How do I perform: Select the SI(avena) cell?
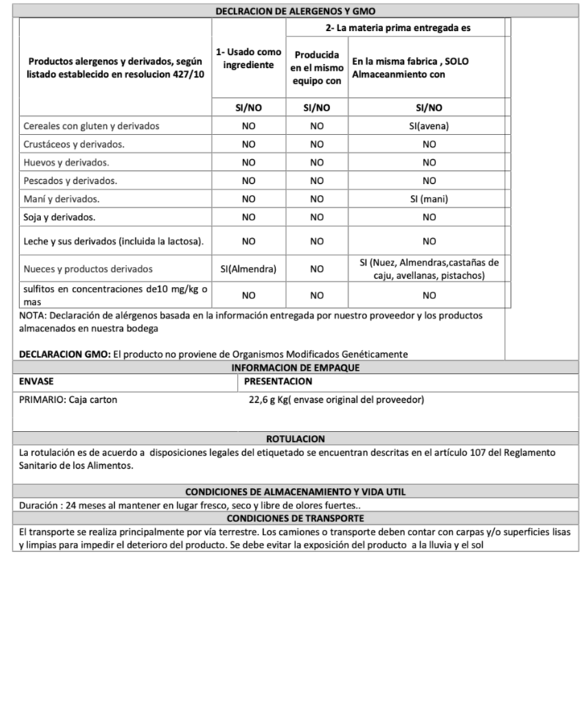point(429,126)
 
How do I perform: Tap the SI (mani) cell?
point(429,199)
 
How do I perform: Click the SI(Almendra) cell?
point(249,270)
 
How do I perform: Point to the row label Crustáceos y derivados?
point(73,145)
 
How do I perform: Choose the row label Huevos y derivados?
point(66,163)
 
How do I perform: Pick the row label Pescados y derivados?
point(70,181)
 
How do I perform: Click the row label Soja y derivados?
point(59,218)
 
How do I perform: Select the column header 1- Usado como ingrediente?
point(249,59)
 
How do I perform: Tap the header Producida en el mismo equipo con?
point(317,67)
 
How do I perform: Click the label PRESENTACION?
point(278,382)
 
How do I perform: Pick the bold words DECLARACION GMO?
point(65,354)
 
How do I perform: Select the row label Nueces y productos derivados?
point(88,270)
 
